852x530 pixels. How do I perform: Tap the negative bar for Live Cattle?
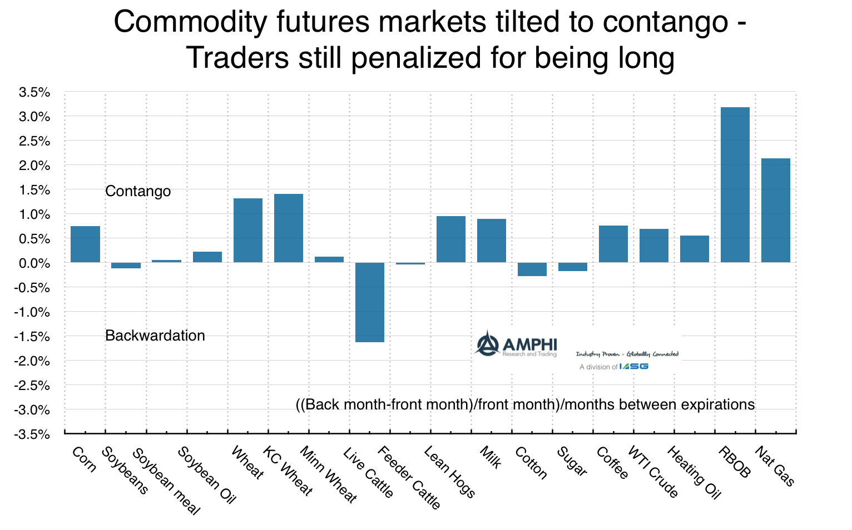[x=370, y=302]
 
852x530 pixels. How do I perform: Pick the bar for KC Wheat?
[x=289, y=228]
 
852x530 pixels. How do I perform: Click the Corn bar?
[x=85, y=244]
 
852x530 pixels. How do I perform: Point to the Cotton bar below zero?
[x=532, y=269]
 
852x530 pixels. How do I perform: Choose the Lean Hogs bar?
[x=450, y=239]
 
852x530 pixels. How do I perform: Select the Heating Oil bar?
[x=694, y=248]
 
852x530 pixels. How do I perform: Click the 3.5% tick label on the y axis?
[x=34, y=92]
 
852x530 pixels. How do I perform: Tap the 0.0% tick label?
[x=34, y=263]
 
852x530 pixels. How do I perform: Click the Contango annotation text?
[x=138, y=191]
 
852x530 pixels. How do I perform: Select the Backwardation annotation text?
[x=155, y=336]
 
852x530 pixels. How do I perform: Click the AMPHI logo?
[x=515, y=344]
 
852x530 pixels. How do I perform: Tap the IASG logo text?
[x=634, y=366]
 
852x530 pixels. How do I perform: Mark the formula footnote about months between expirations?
[x=525, y=404]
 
